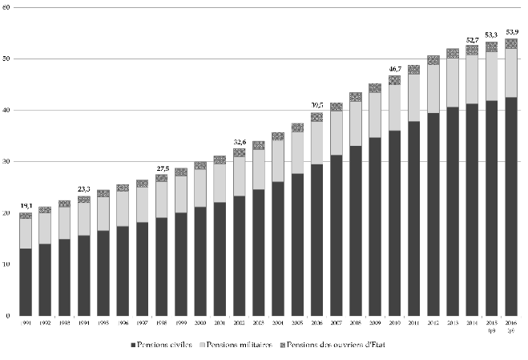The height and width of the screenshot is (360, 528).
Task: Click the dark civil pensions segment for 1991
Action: click(26, 281)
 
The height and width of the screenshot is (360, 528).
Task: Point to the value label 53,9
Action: click(510, 32)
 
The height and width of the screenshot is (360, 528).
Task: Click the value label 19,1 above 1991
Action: click(26, 206)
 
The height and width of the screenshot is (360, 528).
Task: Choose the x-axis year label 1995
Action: click(103, 323)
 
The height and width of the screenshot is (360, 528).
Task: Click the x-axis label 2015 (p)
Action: click(491, 326)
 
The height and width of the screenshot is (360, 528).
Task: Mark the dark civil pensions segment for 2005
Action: click(297, 244)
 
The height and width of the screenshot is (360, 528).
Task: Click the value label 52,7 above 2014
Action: click(472, 39)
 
